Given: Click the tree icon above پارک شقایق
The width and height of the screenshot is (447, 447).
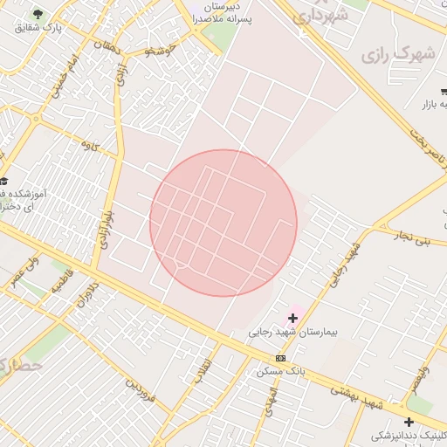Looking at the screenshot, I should pyautogui.click(x=38, y=14).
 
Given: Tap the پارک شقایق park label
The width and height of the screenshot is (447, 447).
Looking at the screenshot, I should pyautogui.click(x=38, y=28).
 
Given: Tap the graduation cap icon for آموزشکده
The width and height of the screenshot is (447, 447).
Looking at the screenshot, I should pyautogui.click(x=3, y=181).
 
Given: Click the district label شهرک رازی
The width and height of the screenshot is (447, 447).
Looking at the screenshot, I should pyautogui.click(x=386, y=55).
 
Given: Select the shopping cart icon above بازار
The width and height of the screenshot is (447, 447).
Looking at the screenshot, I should pyautogui.click(x=444, y=91).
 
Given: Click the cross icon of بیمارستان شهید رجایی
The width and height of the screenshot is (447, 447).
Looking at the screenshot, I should pyautogui.click(x=292, y=319).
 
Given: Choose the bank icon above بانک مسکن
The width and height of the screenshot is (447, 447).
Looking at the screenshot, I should pyautogui.click(x=280, y=358).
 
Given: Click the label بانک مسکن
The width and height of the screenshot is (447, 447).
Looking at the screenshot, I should pyautogui.click(x=282, y=372).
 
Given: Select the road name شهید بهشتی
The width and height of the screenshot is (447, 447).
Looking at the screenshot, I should pyautogui.click(x=359, y=397).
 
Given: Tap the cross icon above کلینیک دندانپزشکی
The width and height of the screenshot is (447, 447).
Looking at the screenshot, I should pyautogui.click(x=409, y=423).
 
